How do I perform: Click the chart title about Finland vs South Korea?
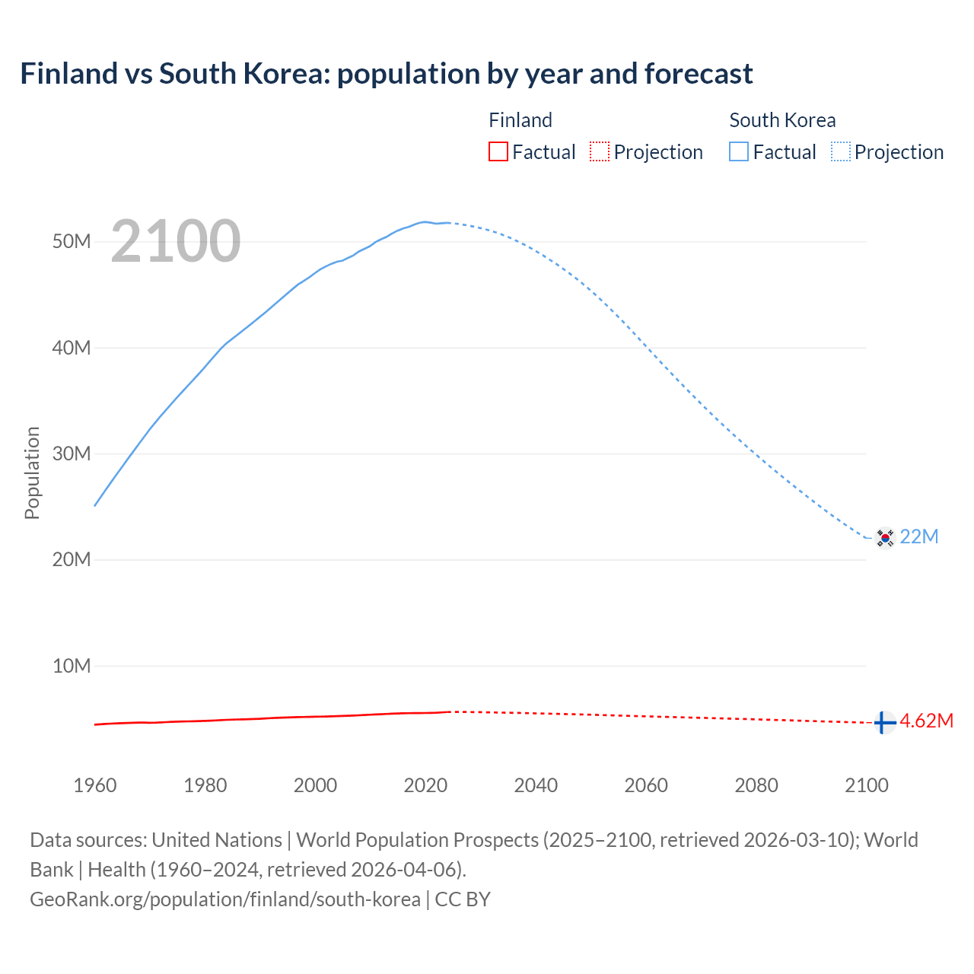point(387,74)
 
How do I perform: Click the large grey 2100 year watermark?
point(176,241)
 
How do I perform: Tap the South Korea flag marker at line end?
point(884,537)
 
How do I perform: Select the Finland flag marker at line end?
point(883,722)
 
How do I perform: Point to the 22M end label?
point(919,536)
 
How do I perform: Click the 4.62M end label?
point(927,721)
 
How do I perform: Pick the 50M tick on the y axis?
point(72,242)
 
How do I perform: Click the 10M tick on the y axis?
point(72,667)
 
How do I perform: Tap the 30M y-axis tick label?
point(72,454)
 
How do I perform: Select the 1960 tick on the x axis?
point(95,785)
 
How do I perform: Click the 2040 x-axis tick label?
point(536,785)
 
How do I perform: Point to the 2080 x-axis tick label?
point(756,785)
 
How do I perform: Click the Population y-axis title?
point(32,473)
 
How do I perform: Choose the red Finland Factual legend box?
point(498,151)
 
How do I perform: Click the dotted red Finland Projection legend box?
point(600,151)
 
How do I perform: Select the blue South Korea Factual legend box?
point(739,151)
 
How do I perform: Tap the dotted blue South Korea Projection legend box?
point(841,151)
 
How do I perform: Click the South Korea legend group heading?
point(782,120)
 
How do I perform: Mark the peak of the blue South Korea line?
point(425,221)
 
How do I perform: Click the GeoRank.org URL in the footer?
point(225,899)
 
